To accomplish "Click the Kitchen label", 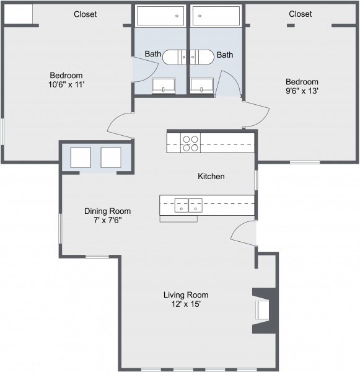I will [211, 177].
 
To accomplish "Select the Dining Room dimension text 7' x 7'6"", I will [107, 220].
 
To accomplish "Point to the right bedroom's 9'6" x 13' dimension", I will [302, 91].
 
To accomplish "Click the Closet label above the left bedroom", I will [86, 14].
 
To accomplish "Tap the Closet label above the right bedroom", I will [300, 14].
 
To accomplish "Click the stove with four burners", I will [190, 143].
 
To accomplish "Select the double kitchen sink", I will [188, 205].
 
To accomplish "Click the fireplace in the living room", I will [263, 310].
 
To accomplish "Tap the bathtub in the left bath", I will [160, 16].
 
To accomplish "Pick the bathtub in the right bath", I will [216, 16].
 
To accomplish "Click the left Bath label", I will [152, 55].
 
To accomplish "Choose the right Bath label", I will [225, 55].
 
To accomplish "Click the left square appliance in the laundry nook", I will [81, 157].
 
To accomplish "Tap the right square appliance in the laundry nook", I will [111, 157].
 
